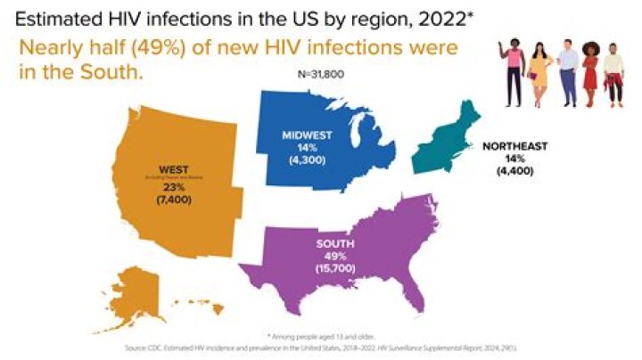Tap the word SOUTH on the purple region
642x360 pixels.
coord(336,243)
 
